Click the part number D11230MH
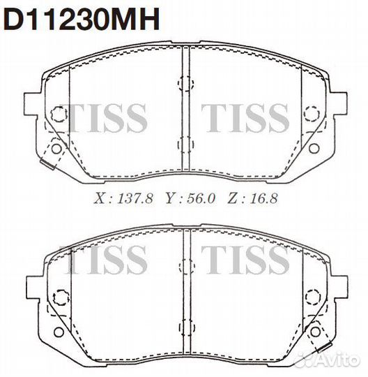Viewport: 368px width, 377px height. [83, 19]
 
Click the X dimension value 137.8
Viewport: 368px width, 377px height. [135, 198]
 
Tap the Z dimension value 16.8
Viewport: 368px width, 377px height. [263, 198]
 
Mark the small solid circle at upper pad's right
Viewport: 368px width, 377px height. [314, 148]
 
